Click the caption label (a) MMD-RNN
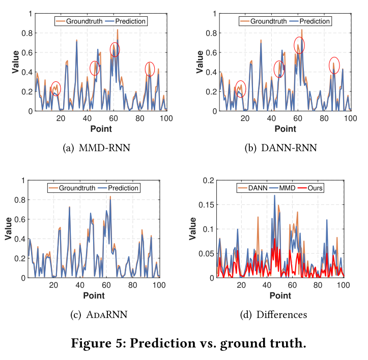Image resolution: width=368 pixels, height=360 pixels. point(97,148)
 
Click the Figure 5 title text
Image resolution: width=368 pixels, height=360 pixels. point(184,344)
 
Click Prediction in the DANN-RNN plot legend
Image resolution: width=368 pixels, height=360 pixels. point(315,21)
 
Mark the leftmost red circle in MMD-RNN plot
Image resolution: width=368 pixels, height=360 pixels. point(55,89)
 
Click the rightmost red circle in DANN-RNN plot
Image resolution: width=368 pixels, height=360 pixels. point(334,65)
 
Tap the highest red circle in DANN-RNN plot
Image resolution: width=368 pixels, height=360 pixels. point(300,45)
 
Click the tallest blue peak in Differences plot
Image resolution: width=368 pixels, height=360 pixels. point(274,196)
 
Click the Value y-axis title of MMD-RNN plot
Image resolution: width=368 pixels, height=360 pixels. point(16,62)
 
